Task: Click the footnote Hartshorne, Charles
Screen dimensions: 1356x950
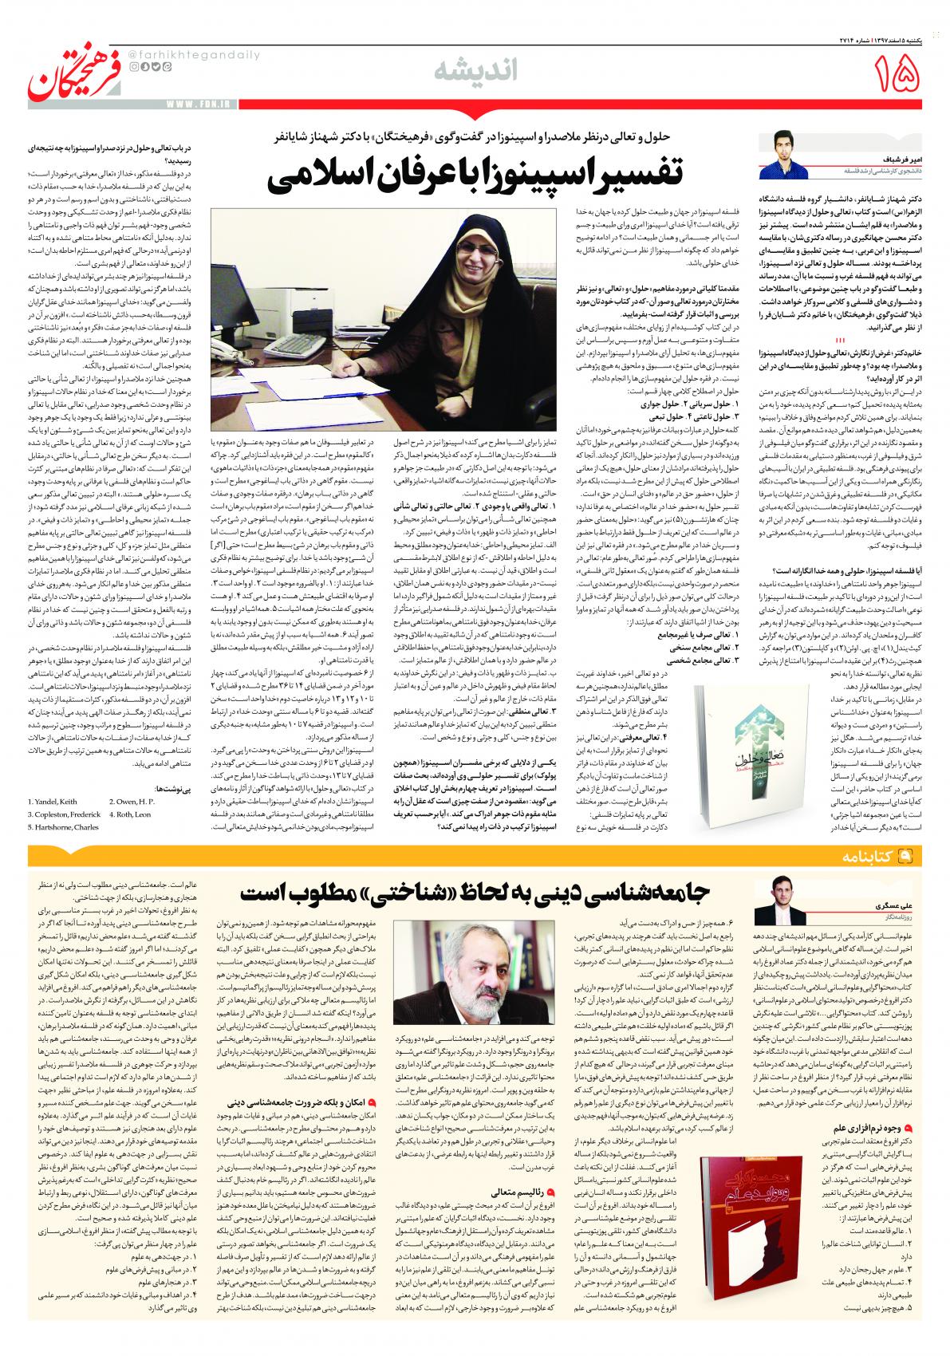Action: (x=64, y=827)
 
